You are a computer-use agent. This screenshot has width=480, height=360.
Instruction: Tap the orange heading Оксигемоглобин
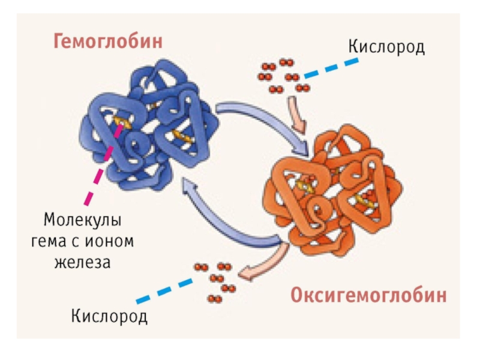click(368, 295)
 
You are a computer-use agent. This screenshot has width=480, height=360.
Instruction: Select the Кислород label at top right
click(386, 46)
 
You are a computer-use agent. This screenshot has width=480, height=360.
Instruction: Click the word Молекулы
click(82, 220)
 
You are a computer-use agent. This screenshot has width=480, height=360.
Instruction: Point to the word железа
click(82, 262)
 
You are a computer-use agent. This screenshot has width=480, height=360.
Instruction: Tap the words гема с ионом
click(82, 241)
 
